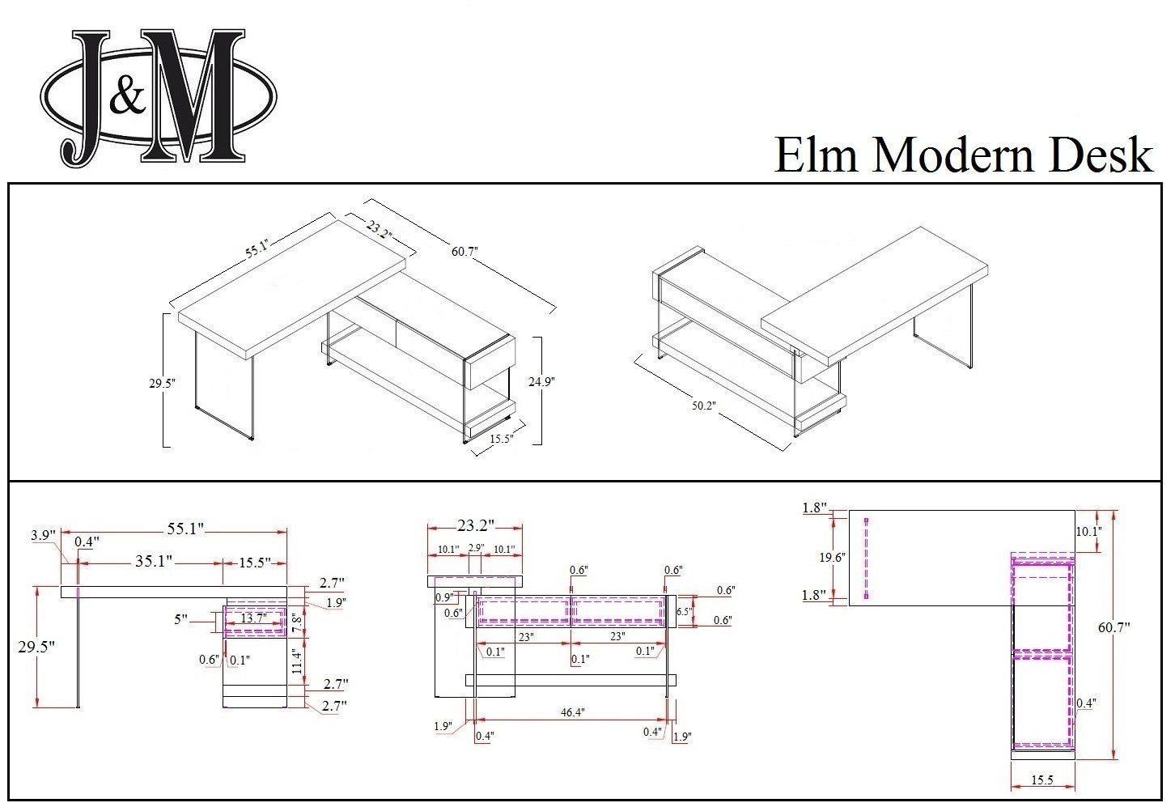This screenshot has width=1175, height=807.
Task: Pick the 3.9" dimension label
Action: click(x=42, y=535)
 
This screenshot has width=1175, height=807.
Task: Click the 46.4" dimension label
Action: click(x=572, y=712)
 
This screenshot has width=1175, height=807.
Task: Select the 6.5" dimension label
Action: click(x=684, y=612)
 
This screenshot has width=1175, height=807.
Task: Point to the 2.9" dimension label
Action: click(x=475, y=548)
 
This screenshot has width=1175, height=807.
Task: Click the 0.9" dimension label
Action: click(x=443, y=597)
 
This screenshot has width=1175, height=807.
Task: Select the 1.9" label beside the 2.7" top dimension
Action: click(x=336, y=602)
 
